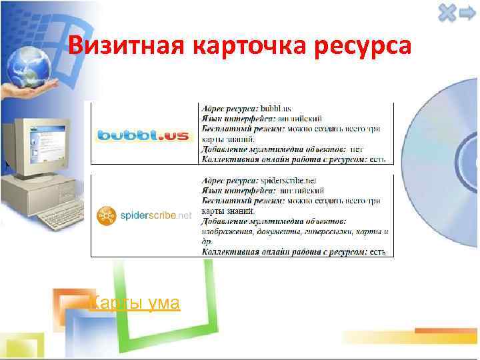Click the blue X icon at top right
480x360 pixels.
(x=447, y=12)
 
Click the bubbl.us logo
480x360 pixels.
(x=143, y=135)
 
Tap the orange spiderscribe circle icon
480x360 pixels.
(x=105, y=215)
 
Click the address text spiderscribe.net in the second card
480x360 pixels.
(x=288, y=181)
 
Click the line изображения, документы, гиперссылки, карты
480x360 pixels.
(x=295, y=231)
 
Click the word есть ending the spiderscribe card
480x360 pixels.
(x=378, y=251)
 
